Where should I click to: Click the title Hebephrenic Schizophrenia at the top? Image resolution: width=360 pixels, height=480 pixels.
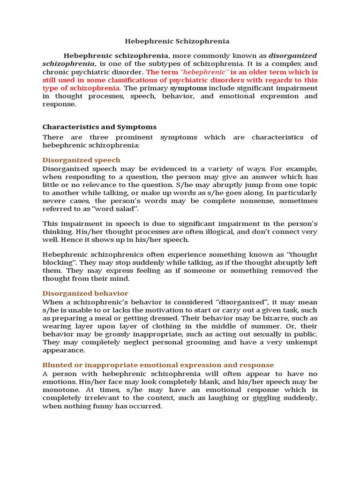coord(180,42)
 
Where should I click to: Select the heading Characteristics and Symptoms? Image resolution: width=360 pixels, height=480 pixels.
coord(99,127)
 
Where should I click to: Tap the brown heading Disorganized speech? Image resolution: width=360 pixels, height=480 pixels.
coord(81,160)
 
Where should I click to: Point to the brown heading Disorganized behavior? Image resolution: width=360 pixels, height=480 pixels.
coord(85,293)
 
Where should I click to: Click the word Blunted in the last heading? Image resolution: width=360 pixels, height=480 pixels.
coord(57,365)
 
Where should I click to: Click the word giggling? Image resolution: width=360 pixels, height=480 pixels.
coord(265,398)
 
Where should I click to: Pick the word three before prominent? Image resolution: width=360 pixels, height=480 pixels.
coord(118,137)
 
